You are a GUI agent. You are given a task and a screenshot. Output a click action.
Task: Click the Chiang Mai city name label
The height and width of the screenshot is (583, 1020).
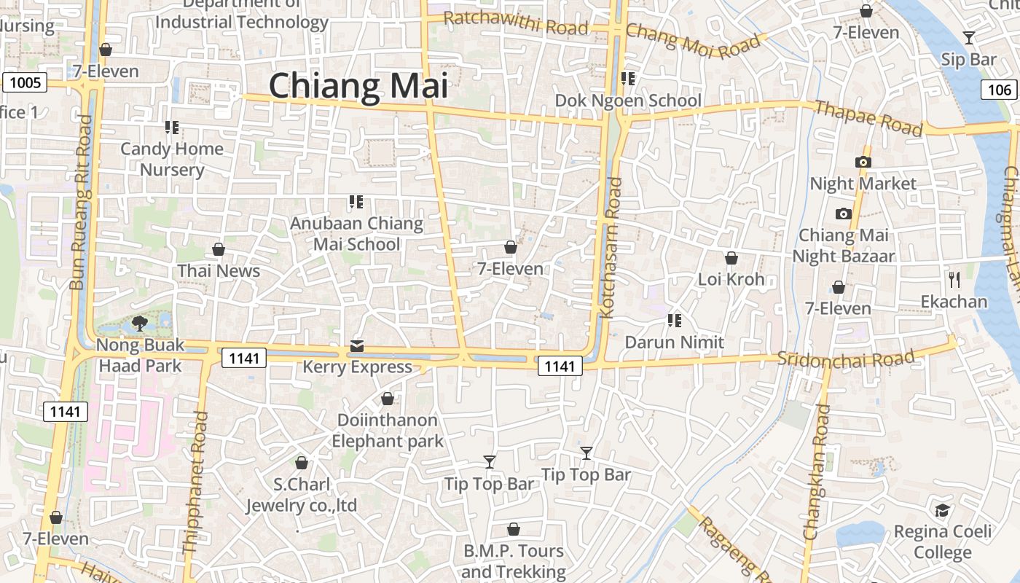pyautogui.click(x=358, y=86)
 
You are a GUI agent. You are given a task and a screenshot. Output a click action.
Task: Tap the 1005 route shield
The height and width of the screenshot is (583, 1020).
pyautogui.click(x=25, y=82)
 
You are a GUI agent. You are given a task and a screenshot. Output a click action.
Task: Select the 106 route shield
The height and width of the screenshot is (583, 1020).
pyautogui.click(x=1000, y=89)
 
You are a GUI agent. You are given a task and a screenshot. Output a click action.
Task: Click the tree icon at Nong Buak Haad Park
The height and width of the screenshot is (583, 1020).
pyautogui.click(x=140, y=323)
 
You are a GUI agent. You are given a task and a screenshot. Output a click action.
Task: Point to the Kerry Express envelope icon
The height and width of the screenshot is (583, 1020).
pyautogui.click(x=357, y=346)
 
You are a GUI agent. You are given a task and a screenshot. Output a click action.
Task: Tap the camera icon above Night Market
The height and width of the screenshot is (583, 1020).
pyautogui.click(x=863, y=162)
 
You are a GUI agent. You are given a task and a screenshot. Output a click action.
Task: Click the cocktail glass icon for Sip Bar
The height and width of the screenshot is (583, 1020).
pyautogui.click(x=968, y=37)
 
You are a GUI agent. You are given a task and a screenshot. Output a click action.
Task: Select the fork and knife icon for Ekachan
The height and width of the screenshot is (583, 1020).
pyautogui.click(x=954, y=279)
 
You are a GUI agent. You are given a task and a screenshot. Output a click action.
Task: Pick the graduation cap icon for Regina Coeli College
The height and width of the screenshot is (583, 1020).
pyautogui.click(x=942, y=510)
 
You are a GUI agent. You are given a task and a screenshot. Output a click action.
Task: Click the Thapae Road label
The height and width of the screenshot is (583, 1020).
pyautogui.click(x=868, y=118)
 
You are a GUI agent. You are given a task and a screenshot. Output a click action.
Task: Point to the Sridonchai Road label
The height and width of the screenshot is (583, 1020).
pyautogui.click(x=845, y=358)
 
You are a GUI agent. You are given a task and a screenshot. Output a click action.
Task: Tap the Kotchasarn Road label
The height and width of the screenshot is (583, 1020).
pyautogui.click(x=612, y=248)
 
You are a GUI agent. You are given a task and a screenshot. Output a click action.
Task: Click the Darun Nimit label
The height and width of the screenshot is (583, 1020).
pyautogui.click(x=675, y=342)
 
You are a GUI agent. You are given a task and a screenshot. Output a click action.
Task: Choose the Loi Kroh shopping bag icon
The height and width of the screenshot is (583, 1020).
pyautogui.click(x=731, y=258)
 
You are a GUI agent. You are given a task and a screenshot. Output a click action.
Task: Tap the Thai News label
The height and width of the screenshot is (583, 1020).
pyautogui.click(x=219, y=271)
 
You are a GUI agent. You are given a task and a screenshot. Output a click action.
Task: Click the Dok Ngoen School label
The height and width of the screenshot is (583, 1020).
pyautogui.click(x=628, y=101)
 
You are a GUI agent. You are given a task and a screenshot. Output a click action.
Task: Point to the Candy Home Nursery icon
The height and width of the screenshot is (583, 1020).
pyautogui.click(x=172, y=128)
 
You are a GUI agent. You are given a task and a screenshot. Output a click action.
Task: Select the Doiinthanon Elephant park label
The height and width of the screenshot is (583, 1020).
pyautogui.click(x=387, y=430)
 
